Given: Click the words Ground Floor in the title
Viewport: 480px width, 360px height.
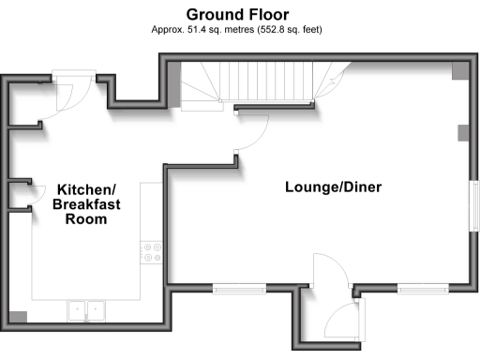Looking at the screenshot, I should pyautogui.click(x=237, y=14).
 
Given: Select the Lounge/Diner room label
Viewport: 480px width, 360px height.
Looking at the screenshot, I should pyautogui.click(x=333, y=187).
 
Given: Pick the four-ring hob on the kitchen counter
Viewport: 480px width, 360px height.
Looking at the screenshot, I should pyautogui.click(x=152, y=251).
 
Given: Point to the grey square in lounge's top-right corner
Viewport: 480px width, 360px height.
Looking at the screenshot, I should pyautogui.click(x=458, y=70).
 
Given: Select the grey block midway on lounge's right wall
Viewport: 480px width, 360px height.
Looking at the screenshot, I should pyautogui.click(x=462, y=132).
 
